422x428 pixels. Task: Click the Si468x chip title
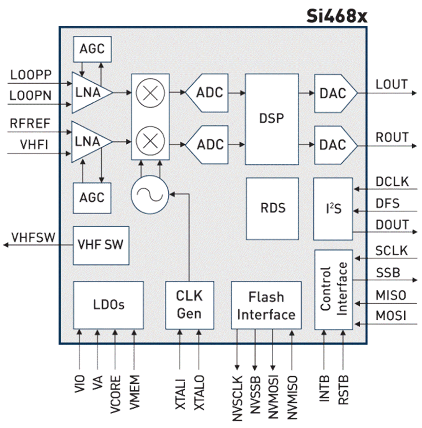tap(336, 16)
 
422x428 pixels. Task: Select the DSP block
tap(272, 119)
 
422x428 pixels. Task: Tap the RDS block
tap(272, 208)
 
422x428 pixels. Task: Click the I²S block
tap(333, 209)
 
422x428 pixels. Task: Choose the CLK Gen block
tap(190, 305)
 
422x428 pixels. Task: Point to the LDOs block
tap(109, 305)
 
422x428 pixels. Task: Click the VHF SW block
tap(101, 245)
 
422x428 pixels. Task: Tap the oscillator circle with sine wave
tap(149, 193)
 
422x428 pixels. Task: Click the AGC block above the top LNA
tap(92, 49)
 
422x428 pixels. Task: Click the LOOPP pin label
tap(31, 75)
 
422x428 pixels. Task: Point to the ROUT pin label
tap(392, 137)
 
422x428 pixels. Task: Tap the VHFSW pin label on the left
tap(33, 237)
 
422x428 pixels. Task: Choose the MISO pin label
tap(390, 296)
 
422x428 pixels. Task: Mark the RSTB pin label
tap(344, 390)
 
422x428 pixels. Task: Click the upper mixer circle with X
tap(151, 93)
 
